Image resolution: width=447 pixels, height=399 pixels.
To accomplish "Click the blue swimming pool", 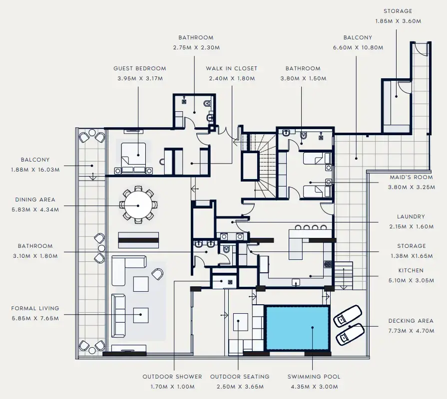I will [298, 328].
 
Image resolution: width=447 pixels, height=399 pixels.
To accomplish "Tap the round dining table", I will [138, 205].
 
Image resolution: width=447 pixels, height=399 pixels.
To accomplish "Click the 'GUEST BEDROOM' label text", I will [139, 68].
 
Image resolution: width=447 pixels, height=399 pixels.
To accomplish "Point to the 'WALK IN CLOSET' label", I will [232, 68].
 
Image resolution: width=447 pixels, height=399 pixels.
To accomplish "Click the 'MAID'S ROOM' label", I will [411, 177].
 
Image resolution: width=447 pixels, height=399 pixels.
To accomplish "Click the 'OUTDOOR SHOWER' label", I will [172, 377].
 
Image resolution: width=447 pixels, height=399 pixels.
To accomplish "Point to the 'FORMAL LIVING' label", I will [35, 308].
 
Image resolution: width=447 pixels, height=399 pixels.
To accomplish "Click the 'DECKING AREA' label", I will [411, 321].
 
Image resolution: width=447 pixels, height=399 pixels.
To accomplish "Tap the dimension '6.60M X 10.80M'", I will [358, 48].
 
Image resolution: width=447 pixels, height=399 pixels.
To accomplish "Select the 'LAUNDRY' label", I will [411, 216].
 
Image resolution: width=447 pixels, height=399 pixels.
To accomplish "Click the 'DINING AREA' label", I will [35, 199].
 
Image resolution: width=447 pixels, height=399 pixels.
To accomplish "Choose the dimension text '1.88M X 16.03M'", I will [35, 170].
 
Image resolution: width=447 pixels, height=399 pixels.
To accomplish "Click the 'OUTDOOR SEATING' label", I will [240, 377].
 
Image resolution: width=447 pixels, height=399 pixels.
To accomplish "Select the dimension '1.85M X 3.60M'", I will [398, 21].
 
